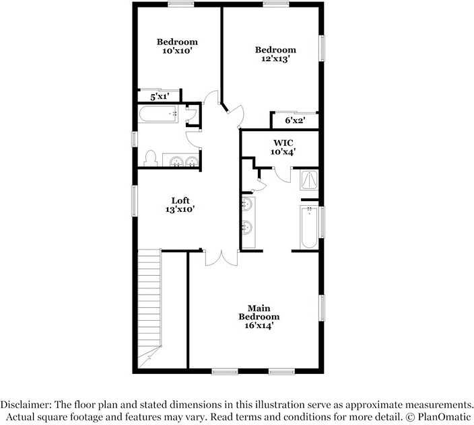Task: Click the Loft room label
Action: click(x=180, y=200)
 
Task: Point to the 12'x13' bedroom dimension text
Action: click(x=275, y=59)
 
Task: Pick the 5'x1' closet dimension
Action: click(x=159, y=98)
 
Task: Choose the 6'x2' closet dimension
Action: click(x=293, y=120)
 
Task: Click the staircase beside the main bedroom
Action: click(x=149, y=306)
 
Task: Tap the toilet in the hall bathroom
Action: click(x=150, y=159)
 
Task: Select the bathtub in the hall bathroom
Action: click(x=159, y=114)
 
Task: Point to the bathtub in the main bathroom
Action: click(x=310, y=227)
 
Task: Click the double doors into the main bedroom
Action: click(x=220, y=258)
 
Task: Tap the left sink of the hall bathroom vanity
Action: click(x=176, y=161)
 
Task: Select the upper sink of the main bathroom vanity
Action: click(x=248, y=203)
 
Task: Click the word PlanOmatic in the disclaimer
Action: click(x=441, y=417)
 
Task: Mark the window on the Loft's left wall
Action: click(x=134, y=201)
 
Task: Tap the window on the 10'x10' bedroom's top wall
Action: click(x=180, y=3)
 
